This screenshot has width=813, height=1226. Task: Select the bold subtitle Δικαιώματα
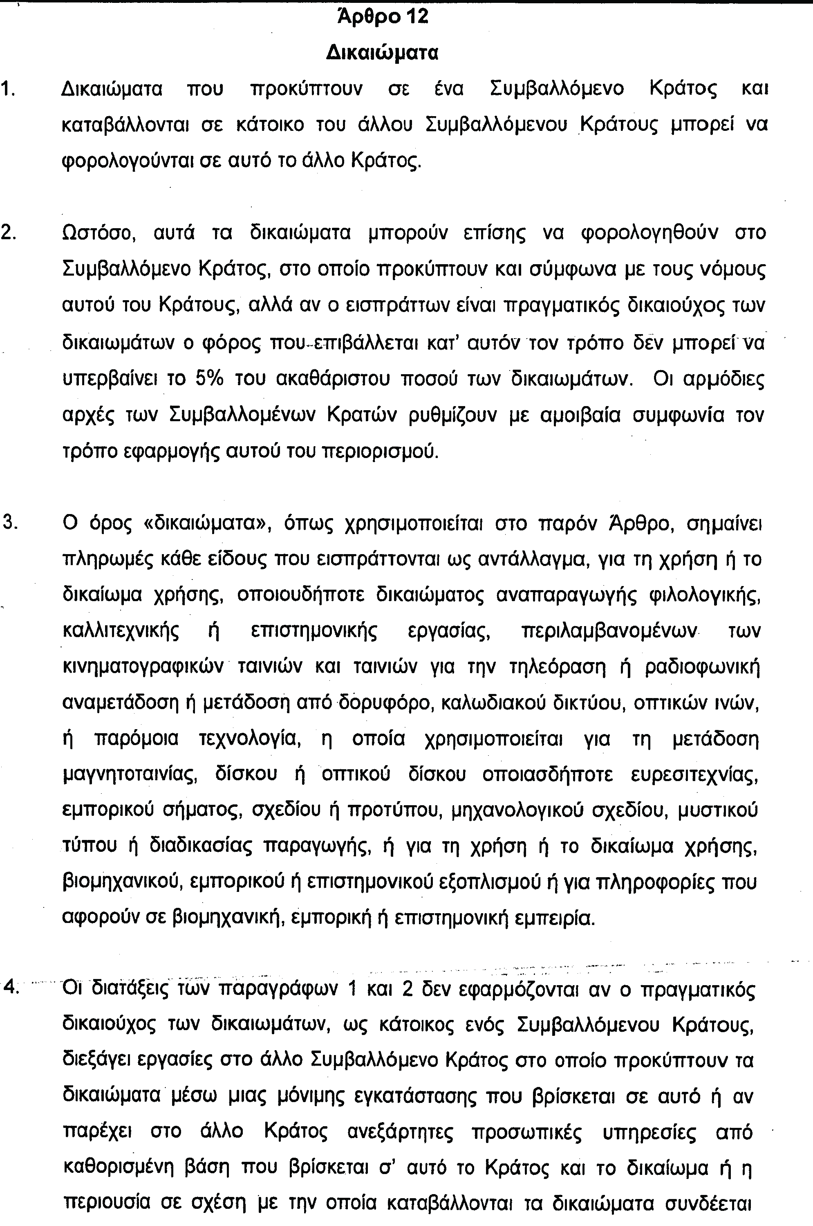(383, 53)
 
